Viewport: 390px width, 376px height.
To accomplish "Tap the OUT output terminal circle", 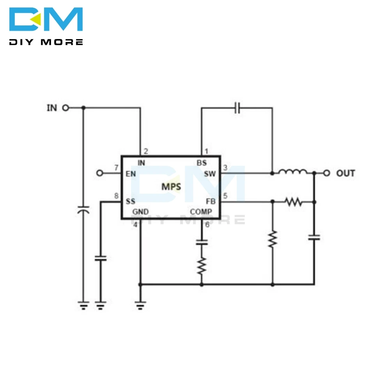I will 327,173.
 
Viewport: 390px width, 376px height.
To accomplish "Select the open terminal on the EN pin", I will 100,173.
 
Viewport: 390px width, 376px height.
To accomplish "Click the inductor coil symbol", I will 292,171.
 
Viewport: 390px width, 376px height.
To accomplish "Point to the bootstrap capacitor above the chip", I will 237,108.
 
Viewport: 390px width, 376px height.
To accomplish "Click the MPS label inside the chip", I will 171,187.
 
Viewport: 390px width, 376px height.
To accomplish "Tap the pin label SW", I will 209,174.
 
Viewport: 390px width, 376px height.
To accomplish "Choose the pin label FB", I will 211,201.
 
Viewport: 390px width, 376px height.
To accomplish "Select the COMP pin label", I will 201,212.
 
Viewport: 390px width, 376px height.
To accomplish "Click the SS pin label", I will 130,201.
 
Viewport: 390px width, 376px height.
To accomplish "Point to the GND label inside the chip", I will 140,212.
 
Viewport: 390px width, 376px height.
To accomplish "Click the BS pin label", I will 202,163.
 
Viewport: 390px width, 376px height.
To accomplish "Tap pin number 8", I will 116,196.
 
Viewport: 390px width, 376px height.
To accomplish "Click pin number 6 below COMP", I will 207,225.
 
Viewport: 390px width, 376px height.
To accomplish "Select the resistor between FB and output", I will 293,202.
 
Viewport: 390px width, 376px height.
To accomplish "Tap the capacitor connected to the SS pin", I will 101,258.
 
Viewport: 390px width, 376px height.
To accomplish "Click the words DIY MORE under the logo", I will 46,42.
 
